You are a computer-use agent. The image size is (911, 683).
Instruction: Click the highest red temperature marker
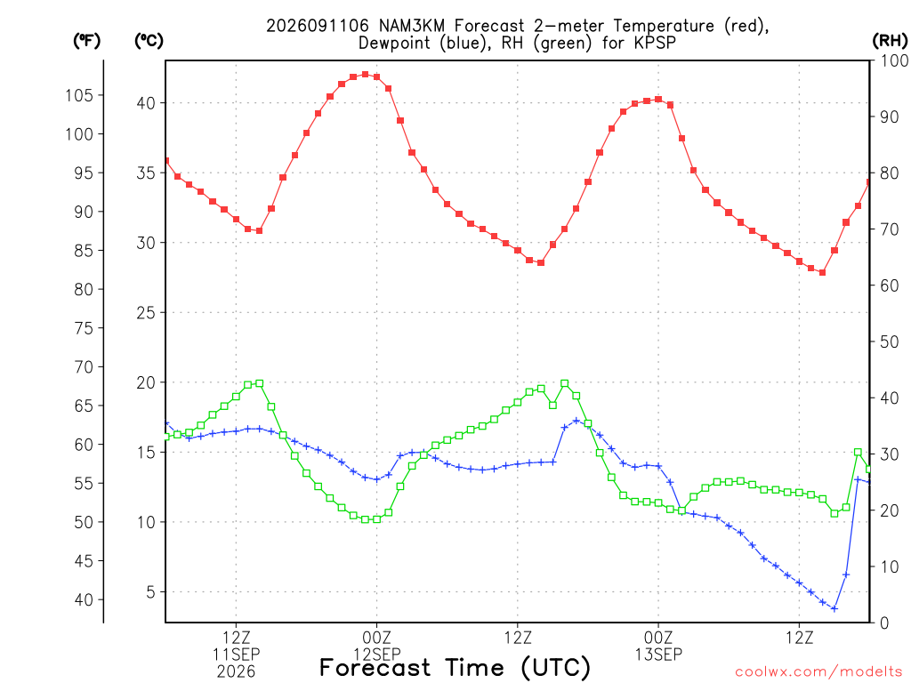(x=365, y=75)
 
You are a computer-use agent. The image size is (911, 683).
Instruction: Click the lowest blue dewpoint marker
(x=834, y=608)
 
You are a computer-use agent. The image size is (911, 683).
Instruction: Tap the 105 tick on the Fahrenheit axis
(x=79, y=95)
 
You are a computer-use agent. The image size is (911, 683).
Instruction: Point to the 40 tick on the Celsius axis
(x=146, y=103)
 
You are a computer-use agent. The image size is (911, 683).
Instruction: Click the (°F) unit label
(x=86, y=41)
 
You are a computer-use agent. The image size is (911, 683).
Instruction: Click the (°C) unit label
(x=149, y=41)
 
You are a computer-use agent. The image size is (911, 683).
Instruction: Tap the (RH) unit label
(x=890, y=41)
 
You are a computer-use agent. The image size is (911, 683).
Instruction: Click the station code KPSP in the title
(x=656, y=43)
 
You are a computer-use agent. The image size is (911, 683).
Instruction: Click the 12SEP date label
(x=376, y=655)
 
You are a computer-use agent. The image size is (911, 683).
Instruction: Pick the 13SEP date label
(x=658, y=655)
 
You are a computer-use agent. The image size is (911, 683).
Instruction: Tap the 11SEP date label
(x=236, y=655)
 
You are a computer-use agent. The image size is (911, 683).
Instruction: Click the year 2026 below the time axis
(x=236, y=672)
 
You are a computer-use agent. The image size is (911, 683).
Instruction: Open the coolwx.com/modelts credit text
(x=818, y=672)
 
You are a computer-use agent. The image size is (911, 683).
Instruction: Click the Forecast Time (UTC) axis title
(x=455, y=668)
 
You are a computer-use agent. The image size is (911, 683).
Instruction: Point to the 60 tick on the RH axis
(x=890, y=285)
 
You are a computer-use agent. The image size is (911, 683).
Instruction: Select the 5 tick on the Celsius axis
(x=150, y=592)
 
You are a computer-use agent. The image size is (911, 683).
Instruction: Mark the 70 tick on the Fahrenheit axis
(x=84, y=367)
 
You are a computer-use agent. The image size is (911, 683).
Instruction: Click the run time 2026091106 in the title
(x=318, y=26)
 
